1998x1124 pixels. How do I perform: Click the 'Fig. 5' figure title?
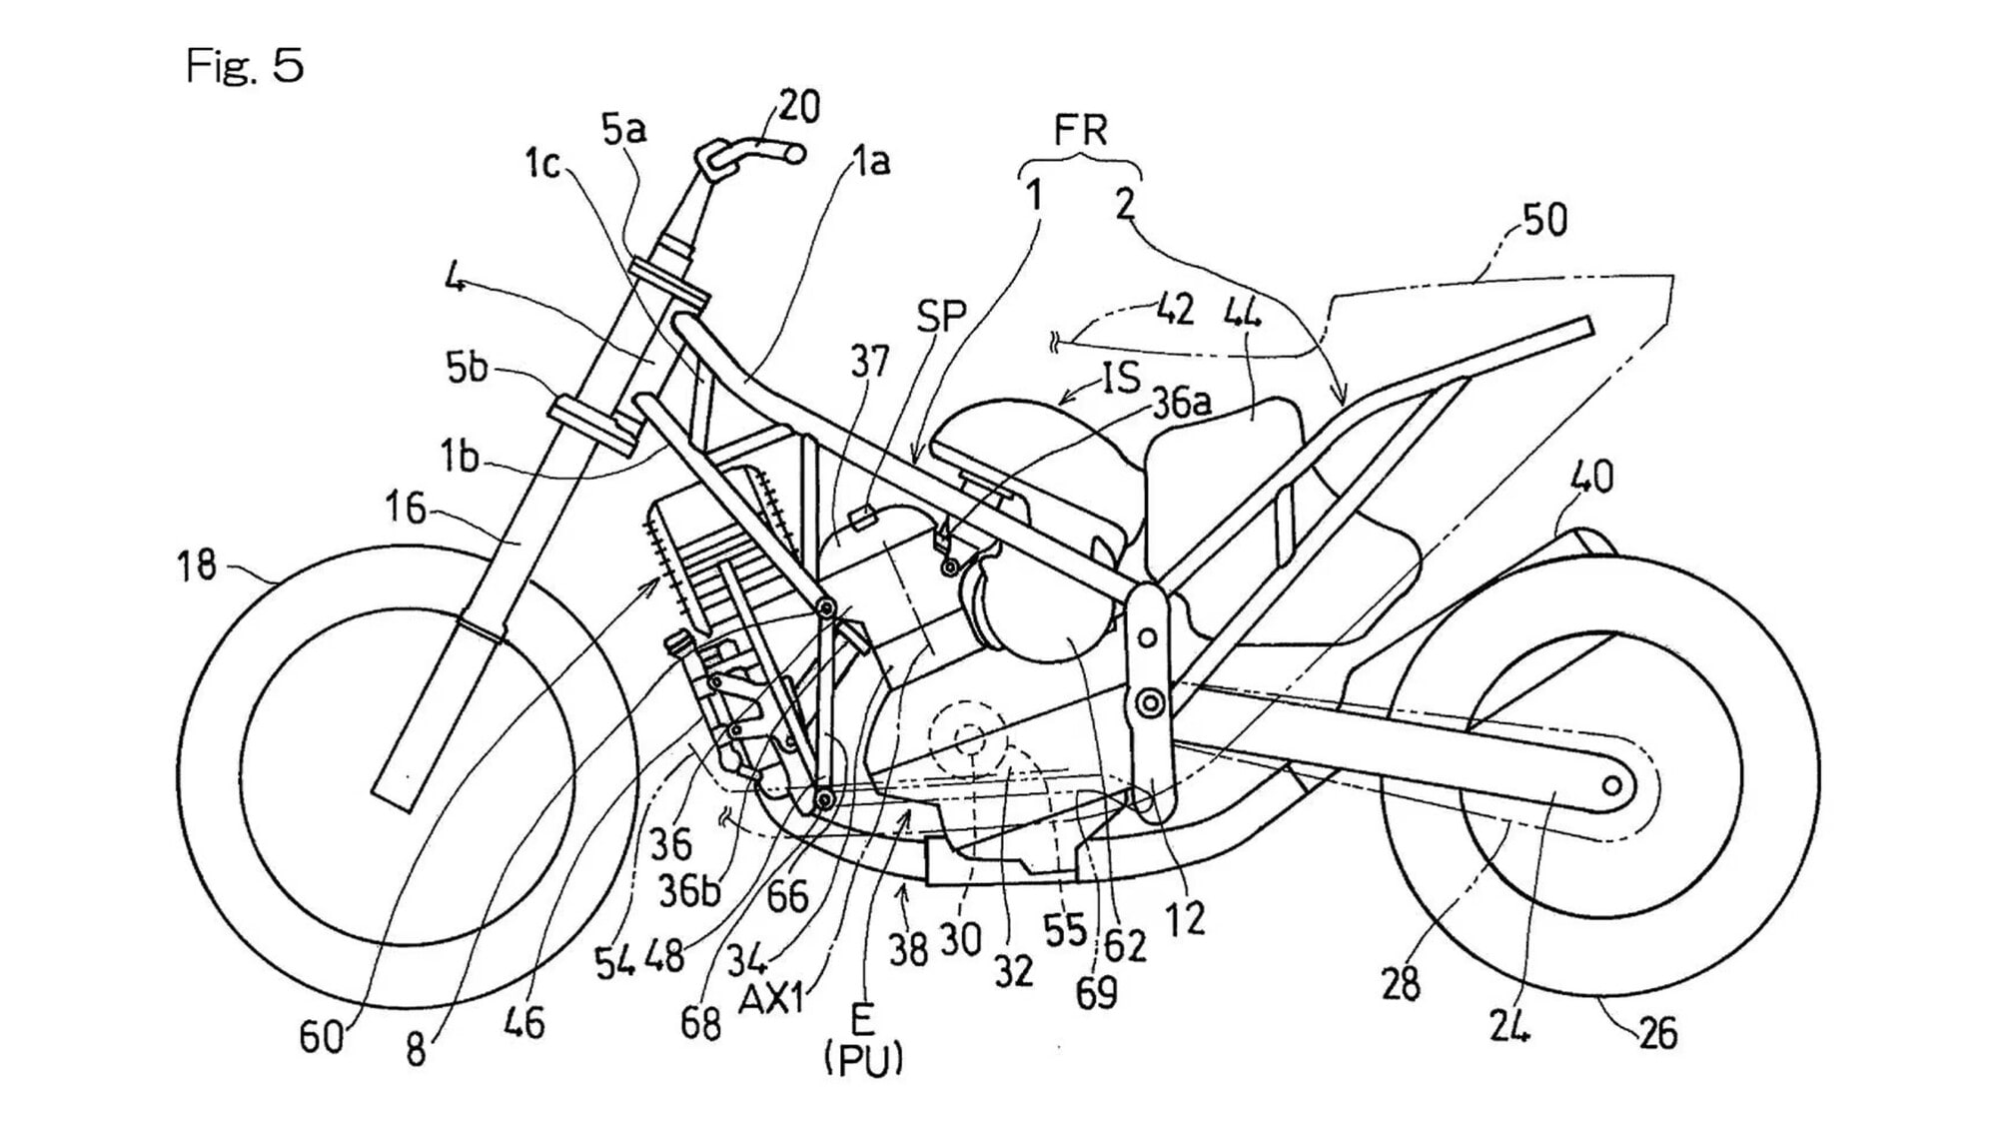pos(245,66)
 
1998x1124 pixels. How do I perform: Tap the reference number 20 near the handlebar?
pos(798,106)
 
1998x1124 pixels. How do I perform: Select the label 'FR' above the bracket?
pos(1080,131)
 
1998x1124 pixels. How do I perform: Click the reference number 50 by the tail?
pos(1543,220)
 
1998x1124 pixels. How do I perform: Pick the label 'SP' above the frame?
pos(941,317)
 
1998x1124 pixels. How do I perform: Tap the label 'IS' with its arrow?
pos(1121,378)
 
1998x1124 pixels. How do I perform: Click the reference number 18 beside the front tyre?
pos(197,565)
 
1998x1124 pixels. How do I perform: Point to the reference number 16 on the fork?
pos(406,509)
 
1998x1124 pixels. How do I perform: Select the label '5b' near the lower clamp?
pos(467,368)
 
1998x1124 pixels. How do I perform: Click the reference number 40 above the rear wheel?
pos(1591,477)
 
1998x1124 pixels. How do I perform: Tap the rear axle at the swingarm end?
pos(1611,786)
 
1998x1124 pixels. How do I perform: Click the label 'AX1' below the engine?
pos(772,998)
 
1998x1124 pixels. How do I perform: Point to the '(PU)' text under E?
pos(864,1059)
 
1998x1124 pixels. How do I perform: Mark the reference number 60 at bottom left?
pos(322,1038)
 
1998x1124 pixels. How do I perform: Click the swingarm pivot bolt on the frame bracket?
pos(1151,703)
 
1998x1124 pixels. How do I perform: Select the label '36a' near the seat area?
pos(1182,403)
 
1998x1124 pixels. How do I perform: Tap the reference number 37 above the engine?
pos(869,362)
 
